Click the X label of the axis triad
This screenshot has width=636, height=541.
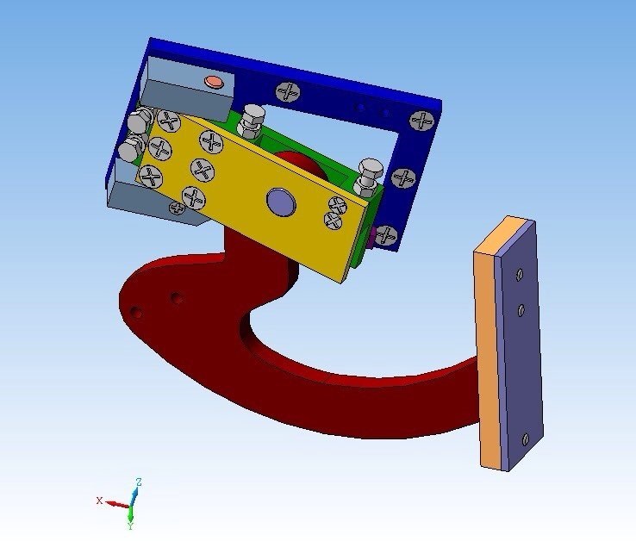tap(99, 501)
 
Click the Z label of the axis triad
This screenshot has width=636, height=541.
tap(139, 482)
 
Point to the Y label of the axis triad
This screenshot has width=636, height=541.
tap(130, 526)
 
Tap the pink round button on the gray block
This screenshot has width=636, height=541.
tap(215, 82)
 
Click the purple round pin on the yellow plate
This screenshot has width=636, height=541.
tap(281, 202)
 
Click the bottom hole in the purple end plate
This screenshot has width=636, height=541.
tap(526, 438)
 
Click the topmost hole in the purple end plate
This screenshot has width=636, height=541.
tap(519, 275)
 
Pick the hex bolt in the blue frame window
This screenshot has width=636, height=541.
tap(252, 120)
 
